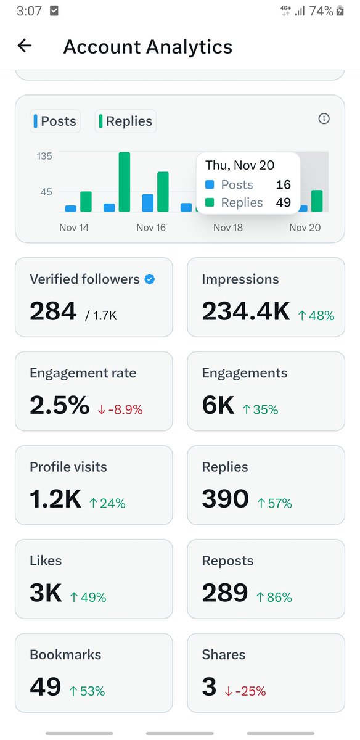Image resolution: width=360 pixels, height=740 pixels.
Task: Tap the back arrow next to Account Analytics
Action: pos(25,46)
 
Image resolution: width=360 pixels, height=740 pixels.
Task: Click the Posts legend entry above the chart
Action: pos(55,121)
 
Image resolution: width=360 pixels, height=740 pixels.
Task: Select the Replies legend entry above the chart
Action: pos(126,121)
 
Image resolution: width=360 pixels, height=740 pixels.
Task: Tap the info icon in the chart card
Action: pos(324,119)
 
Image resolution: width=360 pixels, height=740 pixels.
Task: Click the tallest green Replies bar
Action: pos(125,182)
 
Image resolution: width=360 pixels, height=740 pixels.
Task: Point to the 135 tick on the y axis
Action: pos(44,156)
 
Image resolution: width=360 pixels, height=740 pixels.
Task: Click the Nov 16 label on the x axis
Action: pos(151,228)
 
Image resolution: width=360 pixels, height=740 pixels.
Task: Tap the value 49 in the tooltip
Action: pos(283,202)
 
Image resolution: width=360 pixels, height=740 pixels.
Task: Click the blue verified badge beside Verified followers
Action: pos(149,279)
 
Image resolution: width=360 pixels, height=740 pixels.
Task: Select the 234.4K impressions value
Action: pos(245,311)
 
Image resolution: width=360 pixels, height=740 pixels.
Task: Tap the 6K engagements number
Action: pos(218,406)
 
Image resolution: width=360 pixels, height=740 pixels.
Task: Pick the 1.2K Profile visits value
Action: pos(55,499)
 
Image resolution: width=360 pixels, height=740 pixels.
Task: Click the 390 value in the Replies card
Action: pos(225,499)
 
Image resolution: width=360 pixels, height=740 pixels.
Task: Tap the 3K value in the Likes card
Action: pos(46,593)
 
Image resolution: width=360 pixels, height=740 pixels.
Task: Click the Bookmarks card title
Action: pos(65,654)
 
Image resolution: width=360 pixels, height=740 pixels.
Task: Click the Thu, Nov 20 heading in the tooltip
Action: pos(240,165)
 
